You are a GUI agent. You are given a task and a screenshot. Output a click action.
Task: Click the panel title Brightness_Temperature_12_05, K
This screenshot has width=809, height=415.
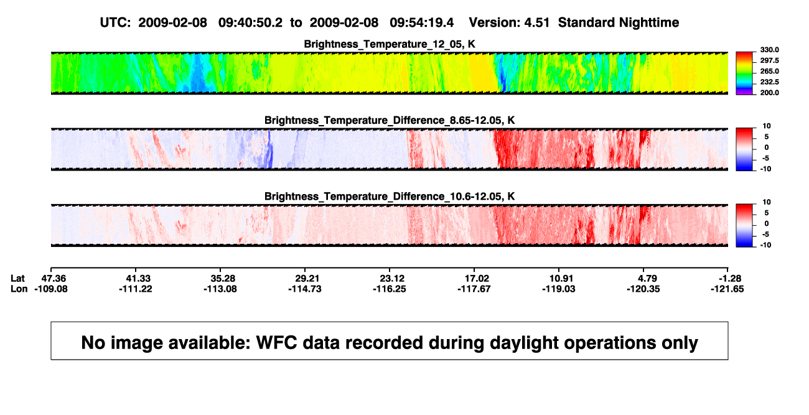[390, 44]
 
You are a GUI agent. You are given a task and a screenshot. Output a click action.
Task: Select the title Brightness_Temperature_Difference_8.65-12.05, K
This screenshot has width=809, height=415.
[390, 120]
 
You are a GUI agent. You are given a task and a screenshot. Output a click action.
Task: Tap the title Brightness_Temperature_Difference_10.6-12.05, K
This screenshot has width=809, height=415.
[390, 197]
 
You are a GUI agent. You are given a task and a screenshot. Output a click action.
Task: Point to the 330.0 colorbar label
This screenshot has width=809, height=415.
[769, 50]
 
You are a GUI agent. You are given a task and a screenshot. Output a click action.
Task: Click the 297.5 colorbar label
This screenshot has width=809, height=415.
[769, 60]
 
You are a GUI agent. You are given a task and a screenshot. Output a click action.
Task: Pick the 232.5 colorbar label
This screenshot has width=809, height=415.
[769, 82]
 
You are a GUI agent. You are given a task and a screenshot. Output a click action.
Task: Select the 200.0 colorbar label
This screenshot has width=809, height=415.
[769, 93]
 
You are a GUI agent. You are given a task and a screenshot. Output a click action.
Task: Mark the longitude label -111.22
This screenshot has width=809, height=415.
[136, 289]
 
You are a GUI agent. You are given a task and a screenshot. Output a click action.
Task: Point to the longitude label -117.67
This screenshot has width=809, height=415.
[474, 289]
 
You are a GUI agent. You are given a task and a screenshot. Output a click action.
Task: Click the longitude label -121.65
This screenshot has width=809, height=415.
[727, 289]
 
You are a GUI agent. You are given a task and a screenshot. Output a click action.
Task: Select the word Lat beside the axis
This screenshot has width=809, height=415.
[17, 279]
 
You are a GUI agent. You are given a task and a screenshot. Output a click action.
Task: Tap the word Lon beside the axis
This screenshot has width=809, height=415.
[19, 289]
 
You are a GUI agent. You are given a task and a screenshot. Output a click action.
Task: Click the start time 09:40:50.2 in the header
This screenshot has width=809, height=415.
[250, 23]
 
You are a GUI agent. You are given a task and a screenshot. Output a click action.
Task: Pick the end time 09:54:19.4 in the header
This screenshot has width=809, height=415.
[422, 23]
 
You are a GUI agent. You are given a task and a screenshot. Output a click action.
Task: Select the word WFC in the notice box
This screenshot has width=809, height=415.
[277, 343]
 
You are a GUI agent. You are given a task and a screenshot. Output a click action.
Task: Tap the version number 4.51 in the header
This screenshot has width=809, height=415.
[537, 23]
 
